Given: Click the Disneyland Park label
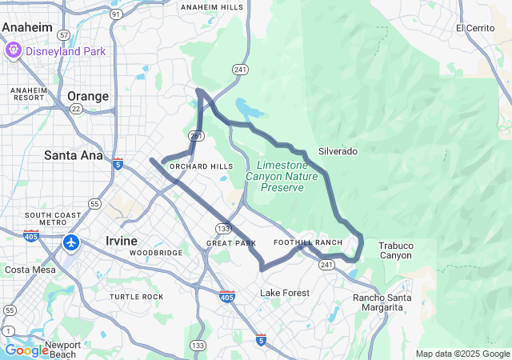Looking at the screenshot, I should click(x=66, y=51).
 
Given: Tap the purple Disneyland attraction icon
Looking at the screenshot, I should click(x=13, y=51).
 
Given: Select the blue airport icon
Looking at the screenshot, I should click(x=71, y=242).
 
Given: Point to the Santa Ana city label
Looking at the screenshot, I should click(x=73, y=154).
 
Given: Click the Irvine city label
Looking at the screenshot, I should click(x=122, y=240).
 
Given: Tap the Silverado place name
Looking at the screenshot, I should click(x=338, y=150).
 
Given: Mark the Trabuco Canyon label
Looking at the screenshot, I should click(x=395, y=250).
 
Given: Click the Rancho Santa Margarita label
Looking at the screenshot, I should click(x=382, y=302).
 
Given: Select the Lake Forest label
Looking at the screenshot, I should click(x=284, y=293).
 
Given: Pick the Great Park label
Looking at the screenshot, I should click(x=230, y=242).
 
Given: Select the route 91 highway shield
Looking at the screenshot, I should click(x=116, y=14).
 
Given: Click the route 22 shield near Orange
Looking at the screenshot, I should click(x=76, y=109).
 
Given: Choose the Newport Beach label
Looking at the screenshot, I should click(x=62, y=350).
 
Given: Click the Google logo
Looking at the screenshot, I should click(x=26, y=350).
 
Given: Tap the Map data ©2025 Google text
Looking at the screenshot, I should click(x=462, y=354).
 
